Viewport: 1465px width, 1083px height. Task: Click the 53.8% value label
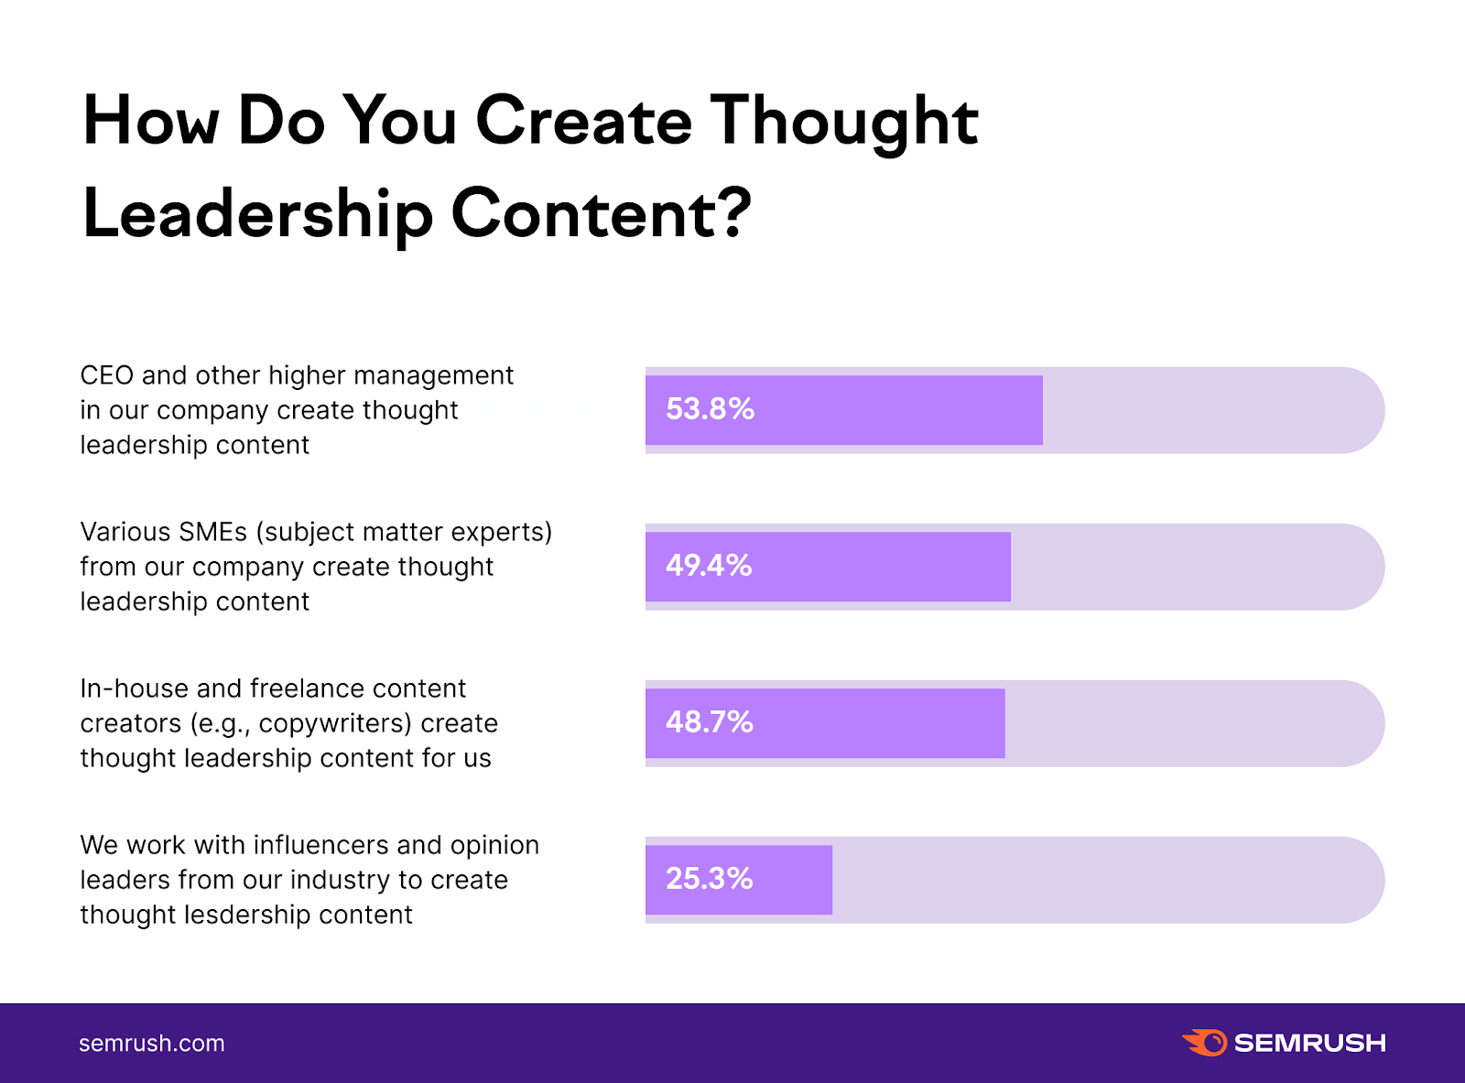click(710, 408)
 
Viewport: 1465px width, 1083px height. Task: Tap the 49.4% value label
click(709, 565)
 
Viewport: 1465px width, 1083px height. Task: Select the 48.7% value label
click(709, 721)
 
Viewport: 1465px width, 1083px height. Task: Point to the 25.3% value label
click(709, 878)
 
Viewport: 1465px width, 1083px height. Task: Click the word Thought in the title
click(844, 122)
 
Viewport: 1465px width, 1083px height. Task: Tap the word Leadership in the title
click(257, 214)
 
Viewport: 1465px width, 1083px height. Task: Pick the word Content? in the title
click(601, 214)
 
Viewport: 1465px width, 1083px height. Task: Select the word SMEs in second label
click(212, 532)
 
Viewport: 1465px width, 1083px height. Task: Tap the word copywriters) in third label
click(335, 723)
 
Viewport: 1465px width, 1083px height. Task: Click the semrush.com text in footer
click(151, 1044)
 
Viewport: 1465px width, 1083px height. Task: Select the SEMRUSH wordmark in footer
click(1309, 1043)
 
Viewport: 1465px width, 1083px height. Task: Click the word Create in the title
click(583, 122)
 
